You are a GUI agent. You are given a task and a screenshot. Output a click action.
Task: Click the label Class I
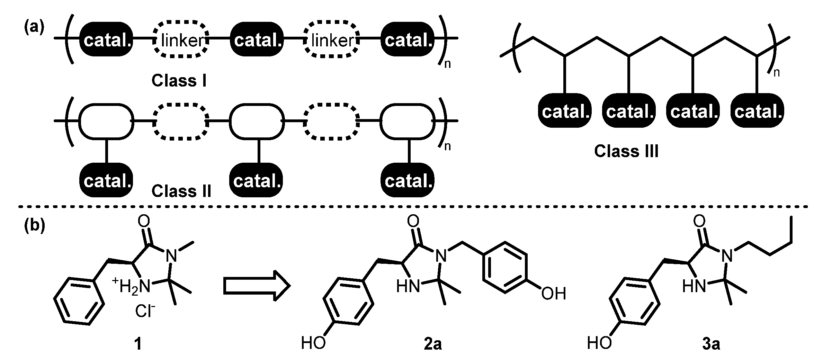[179, 81]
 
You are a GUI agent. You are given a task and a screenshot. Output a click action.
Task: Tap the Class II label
[181, 191]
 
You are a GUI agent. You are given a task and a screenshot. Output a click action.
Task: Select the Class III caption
[626, 151]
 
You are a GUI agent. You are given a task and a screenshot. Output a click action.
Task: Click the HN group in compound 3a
[694, 287]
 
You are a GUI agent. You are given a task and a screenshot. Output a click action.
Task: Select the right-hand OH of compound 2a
[554, 294]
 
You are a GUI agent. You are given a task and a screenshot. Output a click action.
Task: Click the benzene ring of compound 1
[79, 300]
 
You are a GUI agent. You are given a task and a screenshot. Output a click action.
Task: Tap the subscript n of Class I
[447, 64]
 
